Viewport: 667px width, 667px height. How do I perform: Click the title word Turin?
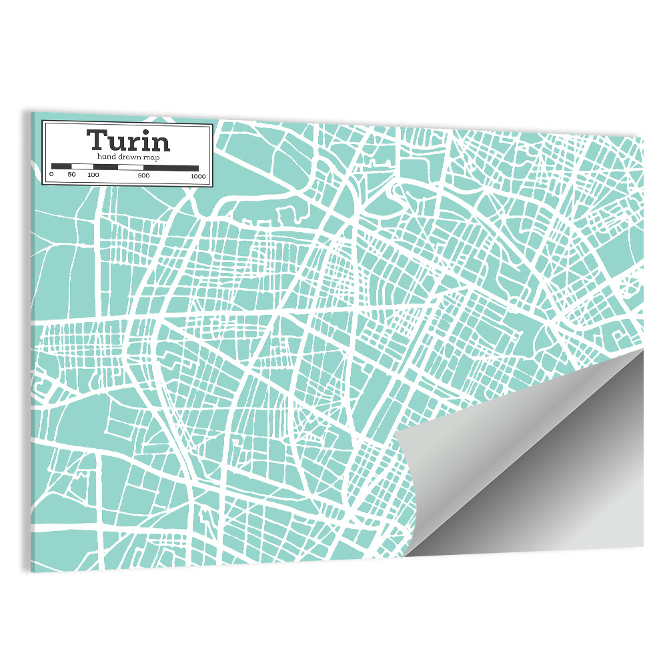[128, 141]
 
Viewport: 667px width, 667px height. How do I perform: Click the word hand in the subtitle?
[106, 156]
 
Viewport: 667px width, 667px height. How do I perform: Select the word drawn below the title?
[129, 156]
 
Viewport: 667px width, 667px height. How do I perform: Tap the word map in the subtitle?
[151, 157]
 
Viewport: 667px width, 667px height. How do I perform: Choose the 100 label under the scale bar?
[93, 175]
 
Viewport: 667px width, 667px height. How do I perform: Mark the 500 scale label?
[143, 175]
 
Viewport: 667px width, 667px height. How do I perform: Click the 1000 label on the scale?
[197, 176]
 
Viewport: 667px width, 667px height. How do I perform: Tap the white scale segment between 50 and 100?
[82, 167]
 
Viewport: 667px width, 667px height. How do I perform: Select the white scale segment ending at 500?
[130, 167]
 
